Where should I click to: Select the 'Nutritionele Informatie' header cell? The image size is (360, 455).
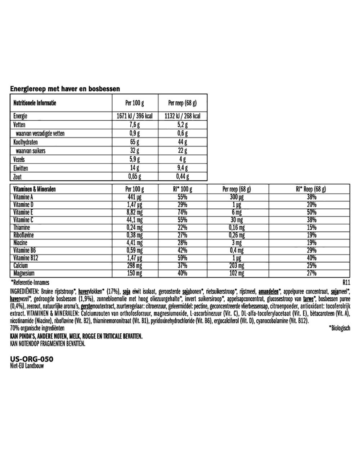click(35, 103)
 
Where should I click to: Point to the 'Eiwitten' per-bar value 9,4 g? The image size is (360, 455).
click(182, 168)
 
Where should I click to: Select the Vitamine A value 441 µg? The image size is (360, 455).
click(133, 197)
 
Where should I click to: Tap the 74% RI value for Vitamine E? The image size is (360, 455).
click(182, 212)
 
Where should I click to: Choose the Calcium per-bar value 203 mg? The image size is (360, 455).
click(237, 266)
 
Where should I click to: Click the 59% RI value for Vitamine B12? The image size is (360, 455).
click(182, 258)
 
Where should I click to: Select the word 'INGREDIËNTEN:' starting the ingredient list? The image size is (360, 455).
click(25, 290)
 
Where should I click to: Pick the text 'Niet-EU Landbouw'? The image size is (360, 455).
click(26, 366)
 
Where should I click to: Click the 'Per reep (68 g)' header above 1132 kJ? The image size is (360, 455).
click(182, 103)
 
